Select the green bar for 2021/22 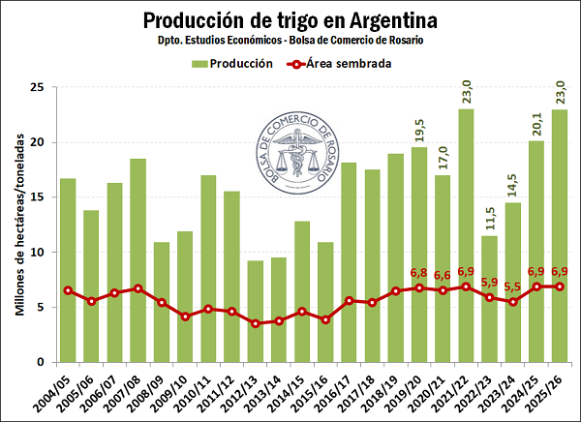pos(466,237)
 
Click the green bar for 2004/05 pos(68,271)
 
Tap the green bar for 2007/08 pos(138,261)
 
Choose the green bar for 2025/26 pos(560,237)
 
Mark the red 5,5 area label pos(512,286)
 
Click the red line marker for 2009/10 pos(185,316)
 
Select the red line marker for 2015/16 pos(325,319)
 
